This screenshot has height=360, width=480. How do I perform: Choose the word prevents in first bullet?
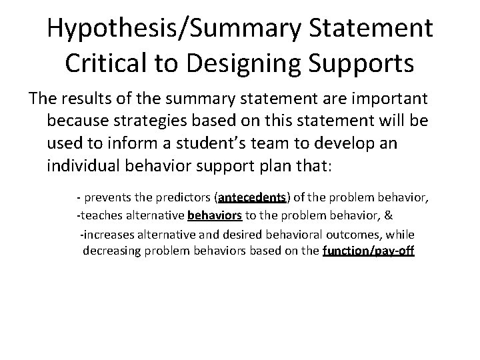(x=105, y=198)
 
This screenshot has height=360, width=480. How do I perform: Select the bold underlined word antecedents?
(x=253, y=198)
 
